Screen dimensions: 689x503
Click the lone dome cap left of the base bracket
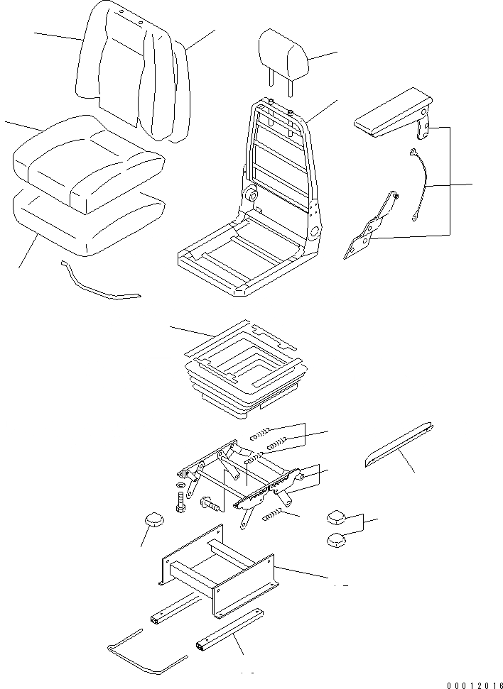pyautogui.click(x=154, y=520)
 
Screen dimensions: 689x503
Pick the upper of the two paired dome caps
pyautogui.click(x=337, y=517)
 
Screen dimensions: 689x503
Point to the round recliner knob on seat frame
pyautogui.click(x=250, y=194)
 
